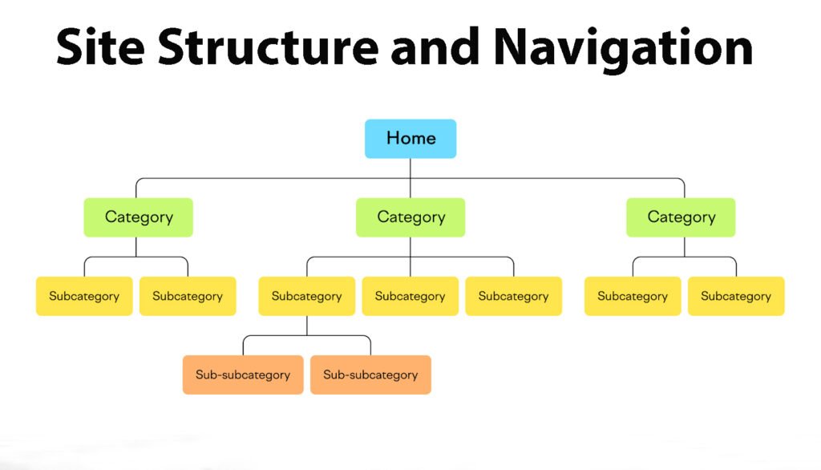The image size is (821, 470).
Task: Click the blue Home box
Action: (x=410, y=139)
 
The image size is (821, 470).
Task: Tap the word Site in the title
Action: (x=100, y=47)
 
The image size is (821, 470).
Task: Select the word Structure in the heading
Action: (x=268, y=47)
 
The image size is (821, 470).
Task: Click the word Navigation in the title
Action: (x=622, y=50)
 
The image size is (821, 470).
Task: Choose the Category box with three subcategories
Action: (x=410, y=217)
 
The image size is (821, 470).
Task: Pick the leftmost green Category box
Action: (x=138, y=217)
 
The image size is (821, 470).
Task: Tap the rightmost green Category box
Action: (x=681, y=217)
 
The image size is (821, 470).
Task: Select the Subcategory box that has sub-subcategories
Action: (x=307, y=296)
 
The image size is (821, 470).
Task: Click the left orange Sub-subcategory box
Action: (x=243, y=375)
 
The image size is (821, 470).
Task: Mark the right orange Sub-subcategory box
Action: (x=370, y=375)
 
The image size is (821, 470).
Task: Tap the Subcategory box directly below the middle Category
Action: (x=410, y=296)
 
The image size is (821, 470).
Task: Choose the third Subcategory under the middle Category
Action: (x=514, y=296)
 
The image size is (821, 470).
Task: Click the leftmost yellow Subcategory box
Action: (x=84, y=296)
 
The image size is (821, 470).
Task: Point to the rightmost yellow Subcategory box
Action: (x=736, y=296)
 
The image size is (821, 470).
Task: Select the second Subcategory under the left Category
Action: (x=188, y=296)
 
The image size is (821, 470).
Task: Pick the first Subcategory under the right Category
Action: (x=633, y=296)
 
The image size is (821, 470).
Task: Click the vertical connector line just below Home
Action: (x=410, y=178)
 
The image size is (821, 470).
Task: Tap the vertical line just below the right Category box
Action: (x=685, y=247)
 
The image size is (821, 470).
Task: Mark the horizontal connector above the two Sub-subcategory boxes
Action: (x=307, y=335)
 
